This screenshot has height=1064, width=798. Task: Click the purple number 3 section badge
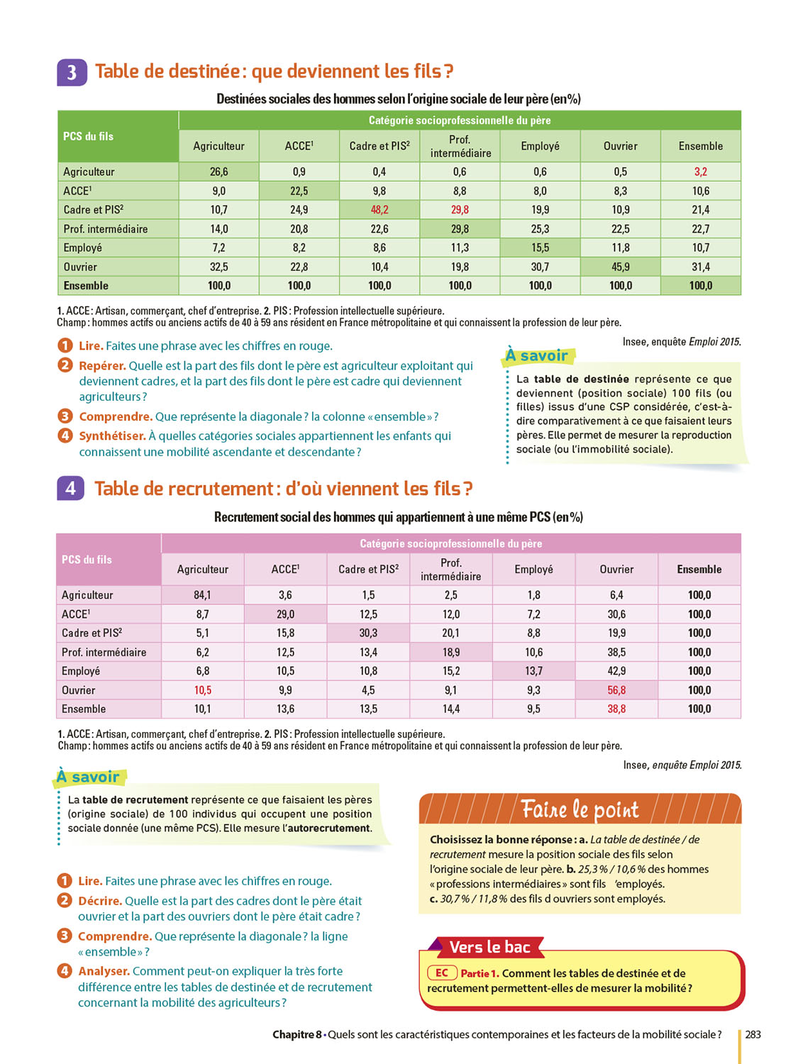tap(72, 72)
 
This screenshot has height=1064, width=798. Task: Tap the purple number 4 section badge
tap(70, 488)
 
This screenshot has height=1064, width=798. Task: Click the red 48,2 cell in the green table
tap(379, 210)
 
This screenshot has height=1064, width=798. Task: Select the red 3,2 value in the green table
tap(700, 172)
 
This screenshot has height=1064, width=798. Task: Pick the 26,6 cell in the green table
tap(218, 172)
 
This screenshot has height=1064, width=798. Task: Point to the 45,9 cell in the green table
tap(620, 267)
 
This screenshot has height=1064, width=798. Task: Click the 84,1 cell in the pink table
tap(202, 595)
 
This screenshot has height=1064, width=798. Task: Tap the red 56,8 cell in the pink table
tap(616, 690)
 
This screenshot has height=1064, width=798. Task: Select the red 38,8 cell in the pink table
tap(616, 709)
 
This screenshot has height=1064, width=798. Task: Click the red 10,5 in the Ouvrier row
tap(202, 690)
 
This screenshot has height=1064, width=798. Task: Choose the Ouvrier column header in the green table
tap(620, 146)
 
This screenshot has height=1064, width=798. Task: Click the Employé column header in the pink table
tap(533, 570)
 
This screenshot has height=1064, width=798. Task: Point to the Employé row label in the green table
tap(82, 248)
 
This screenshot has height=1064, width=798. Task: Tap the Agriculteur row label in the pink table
tap(87, 595)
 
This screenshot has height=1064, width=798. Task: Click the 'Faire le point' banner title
tap(580, 809)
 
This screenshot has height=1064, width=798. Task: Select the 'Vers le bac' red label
tap(489, 948)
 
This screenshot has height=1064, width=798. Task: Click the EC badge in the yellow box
tap(441, 973)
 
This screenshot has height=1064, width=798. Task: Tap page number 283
tap(753, 1035)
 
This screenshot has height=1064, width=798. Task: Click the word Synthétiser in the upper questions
tap(112, 436)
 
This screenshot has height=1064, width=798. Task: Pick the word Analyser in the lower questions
tap(104, 971)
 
